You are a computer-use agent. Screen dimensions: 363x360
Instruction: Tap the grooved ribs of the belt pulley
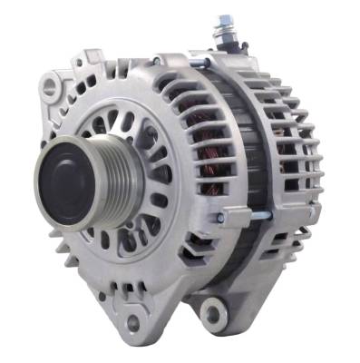coord(108,172)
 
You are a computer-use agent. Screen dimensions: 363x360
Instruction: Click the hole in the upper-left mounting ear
coord(52,87)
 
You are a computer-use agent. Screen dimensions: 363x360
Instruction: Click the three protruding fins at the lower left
coord(66,242)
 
